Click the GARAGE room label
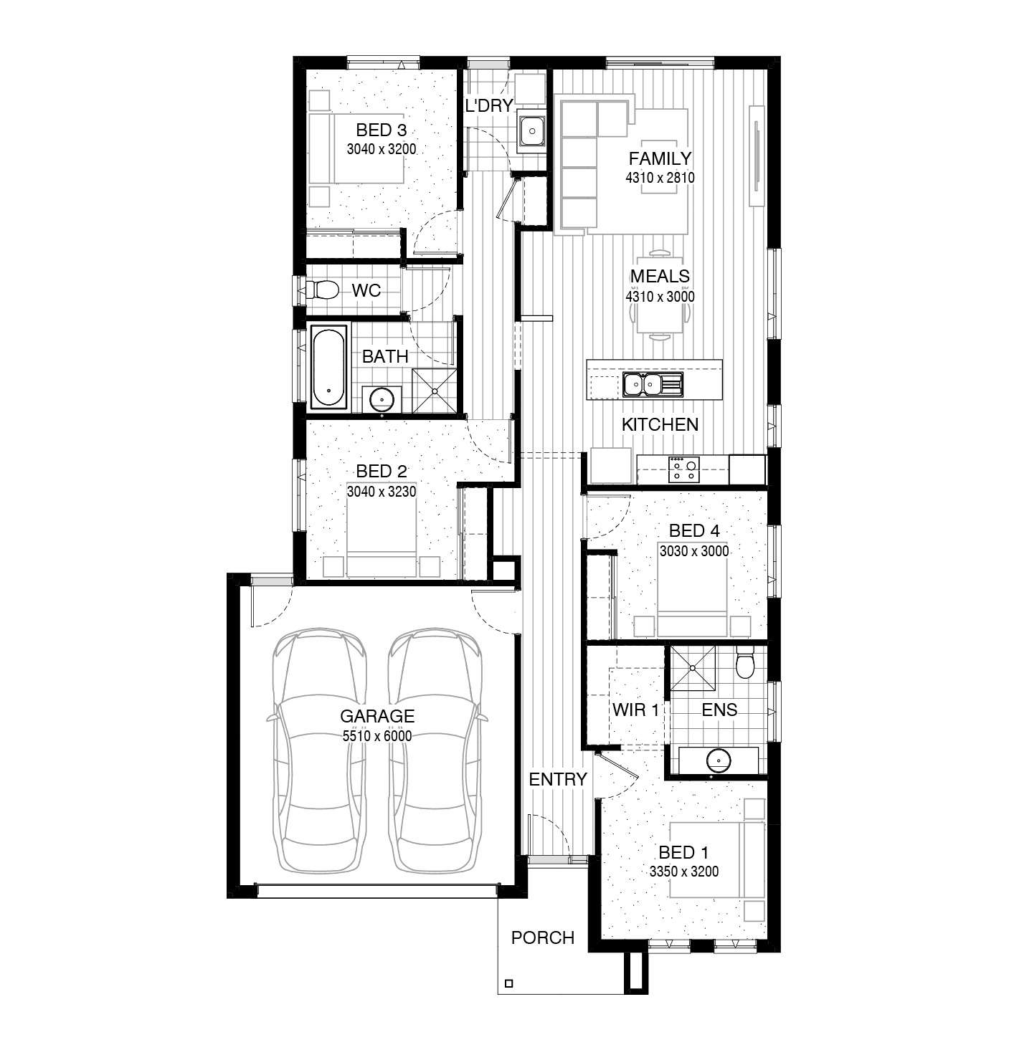coord(376,715)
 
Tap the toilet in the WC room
coord(321,290)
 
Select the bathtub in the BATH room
coord(328,367)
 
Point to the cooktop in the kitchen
coord(683,469)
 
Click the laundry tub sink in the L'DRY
coord(532,130)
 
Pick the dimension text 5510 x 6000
coord(376,735)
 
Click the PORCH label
coord(543,937)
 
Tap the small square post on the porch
coord(508,983)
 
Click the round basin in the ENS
coord(719,760)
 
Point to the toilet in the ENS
coord(745,664)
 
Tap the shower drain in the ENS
coord(692,667)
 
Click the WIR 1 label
coord(635,710)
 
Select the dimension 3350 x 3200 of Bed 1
coord(684,871)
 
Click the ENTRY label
coord(558,778)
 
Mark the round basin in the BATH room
coord(382,400)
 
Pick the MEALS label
coord(660,276)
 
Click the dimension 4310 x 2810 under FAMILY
coord(660,178)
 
